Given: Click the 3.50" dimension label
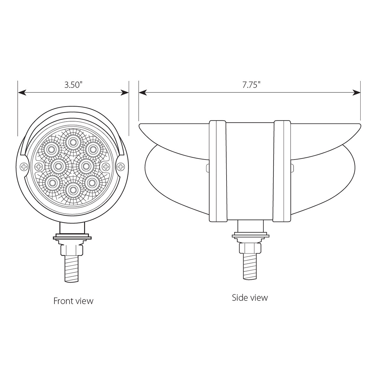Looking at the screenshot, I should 73,85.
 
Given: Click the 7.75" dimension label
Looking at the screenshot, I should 251,85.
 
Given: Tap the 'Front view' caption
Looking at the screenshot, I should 73,301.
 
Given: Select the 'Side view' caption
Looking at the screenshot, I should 250,297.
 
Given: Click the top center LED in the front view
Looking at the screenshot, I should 73,141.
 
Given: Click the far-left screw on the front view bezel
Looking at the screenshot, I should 23,166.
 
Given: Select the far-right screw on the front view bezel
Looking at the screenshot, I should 121,166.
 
